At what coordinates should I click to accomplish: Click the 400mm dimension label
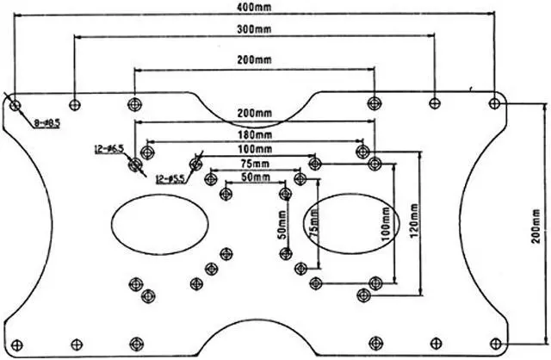tap(251, 8)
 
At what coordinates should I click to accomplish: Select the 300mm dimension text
tap(254, 29)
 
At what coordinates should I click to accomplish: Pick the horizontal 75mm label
tap(253, 162)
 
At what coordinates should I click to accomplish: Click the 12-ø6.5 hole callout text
tap(109, 149)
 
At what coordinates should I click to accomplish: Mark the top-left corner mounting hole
tap(15, 104)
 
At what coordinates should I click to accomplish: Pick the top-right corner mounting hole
tap(493, 103)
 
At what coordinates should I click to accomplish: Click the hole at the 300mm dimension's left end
tap(75, 104)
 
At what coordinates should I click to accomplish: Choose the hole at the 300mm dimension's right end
tap(435, 103)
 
